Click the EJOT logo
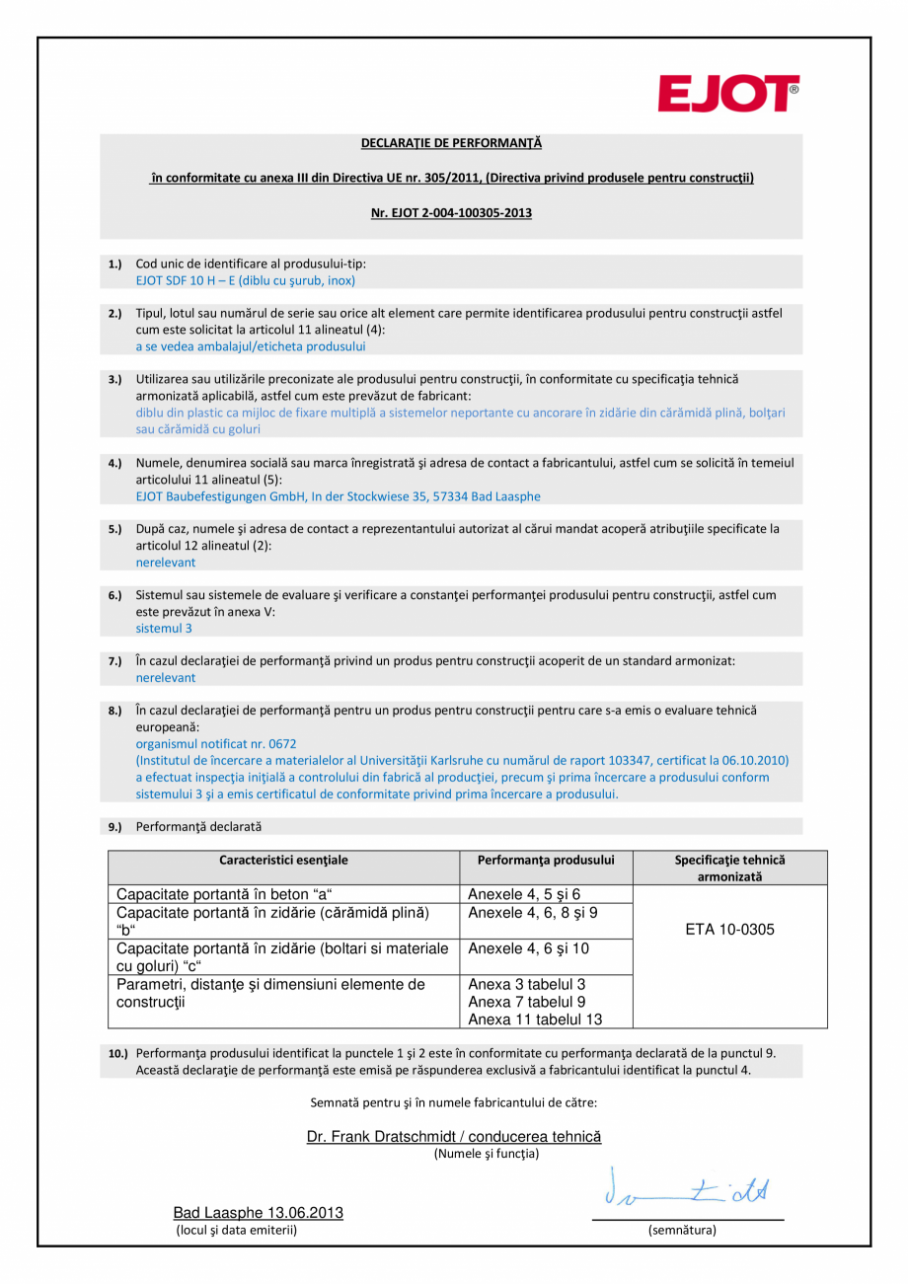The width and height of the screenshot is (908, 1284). [x=729, y=94]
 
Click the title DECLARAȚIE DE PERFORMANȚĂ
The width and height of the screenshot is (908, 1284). [x=451, y=144]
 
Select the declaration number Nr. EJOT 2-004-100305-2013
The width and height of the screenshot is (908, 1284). [x=451, y=212]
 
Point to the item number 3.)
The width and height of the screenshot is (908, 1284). [x=114, y=379]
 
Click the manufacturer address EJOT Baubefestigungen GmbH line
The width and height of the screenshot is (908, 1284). [x=338, y=495]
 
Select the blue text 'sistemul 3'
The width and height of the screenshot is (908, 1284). [x=164, y=628]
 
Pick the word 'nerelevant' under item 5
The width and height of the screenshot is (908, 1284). [x=165, y=562]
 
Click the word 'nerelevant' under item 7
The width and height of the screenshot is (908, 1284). [x=165, y=677]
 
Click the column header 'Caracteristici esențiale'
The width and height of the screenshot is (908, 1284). [x=283, y=860]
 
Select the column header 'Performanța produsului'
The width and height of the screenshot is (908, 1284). [x=546, y=860]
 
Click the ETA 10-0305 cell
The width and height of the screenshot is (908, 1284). [x=729, y=930]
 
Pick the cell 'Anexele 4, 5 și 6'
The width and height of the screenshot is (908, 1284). [x=524, y=894]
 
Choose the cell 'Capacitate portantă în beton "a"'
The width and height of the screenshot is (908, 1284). [x=225, y=894]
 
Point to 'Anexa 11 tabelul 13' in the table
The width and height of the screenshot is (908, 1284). [x=535, y=1020]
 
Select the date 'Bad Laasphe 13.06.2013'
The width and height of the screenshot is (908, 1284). [x=259, y=1213]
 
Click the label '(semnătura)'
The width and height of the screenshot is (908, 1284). [x=682, y=1230]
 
